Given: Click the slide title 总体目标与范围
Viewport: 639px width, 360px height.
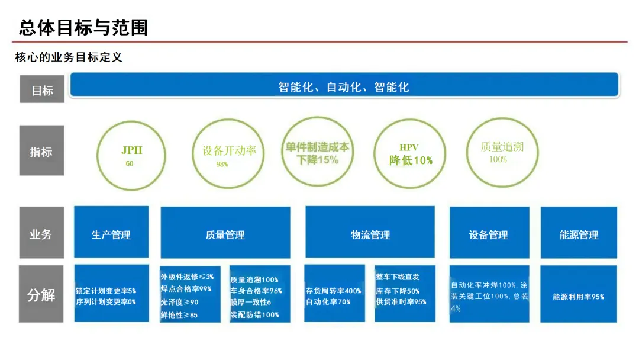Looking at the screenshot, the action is click(x=83, y=27).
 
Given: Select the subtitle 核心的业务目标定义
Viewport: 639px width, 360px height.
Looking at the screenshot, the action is click(x=69, y=57).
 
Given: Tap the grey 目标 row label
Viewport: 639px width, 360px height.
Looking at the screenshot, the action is click(x=42, y=90).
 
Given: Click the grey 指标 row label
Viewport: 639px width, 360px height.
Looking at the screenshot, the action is click(x=41, y=152).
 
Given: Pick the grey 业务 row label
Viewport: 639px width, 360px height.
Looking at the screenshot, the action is click(x=41, y=234).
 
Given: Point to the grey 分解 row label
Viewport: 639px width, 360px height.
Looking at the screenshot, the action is click(x=41, y=294).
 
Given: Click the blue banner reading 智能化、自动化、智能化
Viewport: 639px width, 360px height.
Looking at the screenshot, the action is click(x=344, y=86).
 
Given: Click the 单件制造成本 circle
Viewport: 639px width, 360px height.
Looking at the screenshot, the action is click(x=317, y=152).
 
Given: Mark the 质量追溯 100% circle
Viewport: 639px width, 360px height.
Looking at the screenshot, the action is click(x=502, y=152).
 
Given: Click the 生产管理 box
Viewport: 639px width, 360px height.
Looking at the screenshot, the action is click(x=111, y=234).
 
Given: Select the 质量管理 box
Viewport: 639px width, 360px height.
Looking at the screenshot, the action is click(x=225, y=234).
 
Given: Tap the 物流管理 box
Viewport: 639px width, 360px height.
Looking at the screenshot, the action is click(x=370, y=234).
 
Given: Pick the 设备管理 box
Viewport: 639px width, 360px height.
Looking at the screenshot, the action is click(x=488, y=234).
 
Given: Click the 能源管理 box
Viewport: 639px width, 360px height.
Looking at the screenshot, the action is click(x=579, y=234).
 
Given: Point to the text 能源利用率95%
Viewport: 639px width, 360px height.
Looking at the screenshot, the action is click(x=578, y=297).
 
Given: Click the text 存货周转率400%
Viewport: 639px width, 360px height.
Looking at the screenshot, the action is click(x=333, y=291).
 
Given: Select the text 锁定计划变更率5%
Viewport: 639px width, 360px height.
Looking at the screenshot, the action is click(x=106, y=291).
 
